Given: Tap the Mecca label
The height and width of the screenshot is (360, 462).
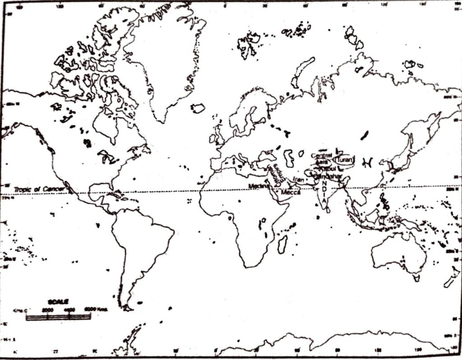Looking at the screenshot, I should click(290, 193).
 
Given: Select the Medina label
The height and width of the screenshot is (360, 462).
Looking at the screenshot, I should click(258, 186).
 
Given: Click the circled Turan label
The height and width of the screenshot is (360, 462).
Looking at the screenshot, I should click(346, 160).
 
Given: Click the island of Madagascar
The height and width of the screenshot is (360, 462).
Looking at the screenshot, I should click(282, 244).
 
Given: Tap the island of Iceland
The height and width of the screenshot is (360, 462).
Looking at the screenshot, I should click(198, 108).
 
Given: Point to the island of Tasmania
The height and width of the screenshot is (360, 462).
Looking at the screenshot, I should click(416, 278).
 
